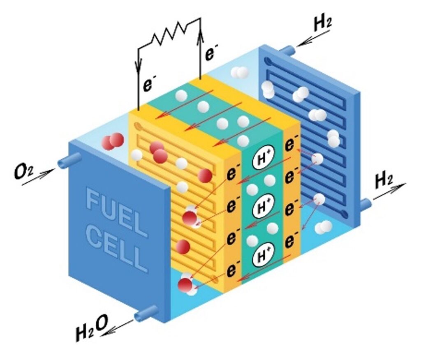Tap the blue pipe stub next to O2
pos(69,161)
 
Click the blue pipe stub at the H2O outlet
pos(146,313)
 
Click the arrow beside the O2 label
pos(39,177)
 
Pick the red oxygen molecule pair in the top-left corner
pos(113,141)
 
